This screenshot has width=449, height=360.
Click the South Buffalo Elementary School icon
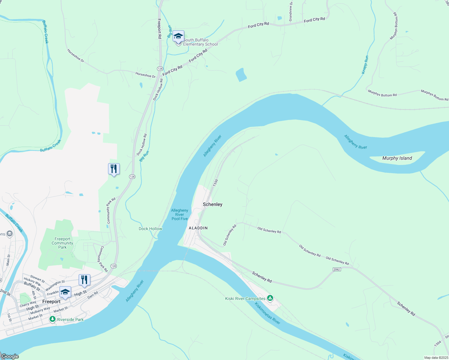(x=178, y=37)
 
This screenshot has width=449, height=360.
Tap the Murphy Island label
(x=397, y=158)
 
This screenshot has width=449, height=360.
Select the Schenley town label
(x=212, y=204)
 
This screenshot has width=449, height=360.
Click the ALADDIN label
(x=198, y=228)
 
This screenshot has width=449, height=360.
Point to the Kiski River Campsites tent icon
(x=270, y=298)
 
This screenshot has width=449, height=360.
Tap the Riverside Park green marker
(x=53, y=319)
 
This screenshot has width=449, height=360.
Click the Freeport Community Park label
(x=62, y=243)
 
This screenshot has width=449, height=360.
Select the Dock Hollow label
(x=150, y=229)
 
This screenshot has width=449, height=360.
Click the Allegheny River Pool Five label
(x=179, y=214)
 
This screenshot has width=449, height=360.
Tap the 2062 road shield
(x=337, y=269)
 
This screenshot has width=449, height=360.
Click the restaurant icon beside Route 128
(x=114, y=169)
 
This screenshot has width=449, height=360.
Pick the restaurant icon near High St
(x=84, y=280)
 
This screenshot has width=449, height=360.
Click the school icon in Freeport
(x=65, y=292)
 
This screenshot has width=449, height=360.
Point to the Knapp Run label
(x=365, y=65)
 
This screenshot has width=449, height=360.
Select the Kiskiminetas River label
(x=267, y=313)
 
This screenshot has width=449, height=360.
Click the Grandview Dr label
(x=291, y=11)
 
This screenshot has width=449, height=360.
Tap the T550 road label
(x=215, y=183)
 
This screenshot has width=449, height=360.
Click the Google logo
(x=10, y=356)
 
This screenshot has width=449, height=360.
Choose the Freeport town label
(x=51, y=301)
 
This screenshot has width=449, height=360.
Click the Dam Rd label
(x=92, y=295)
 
